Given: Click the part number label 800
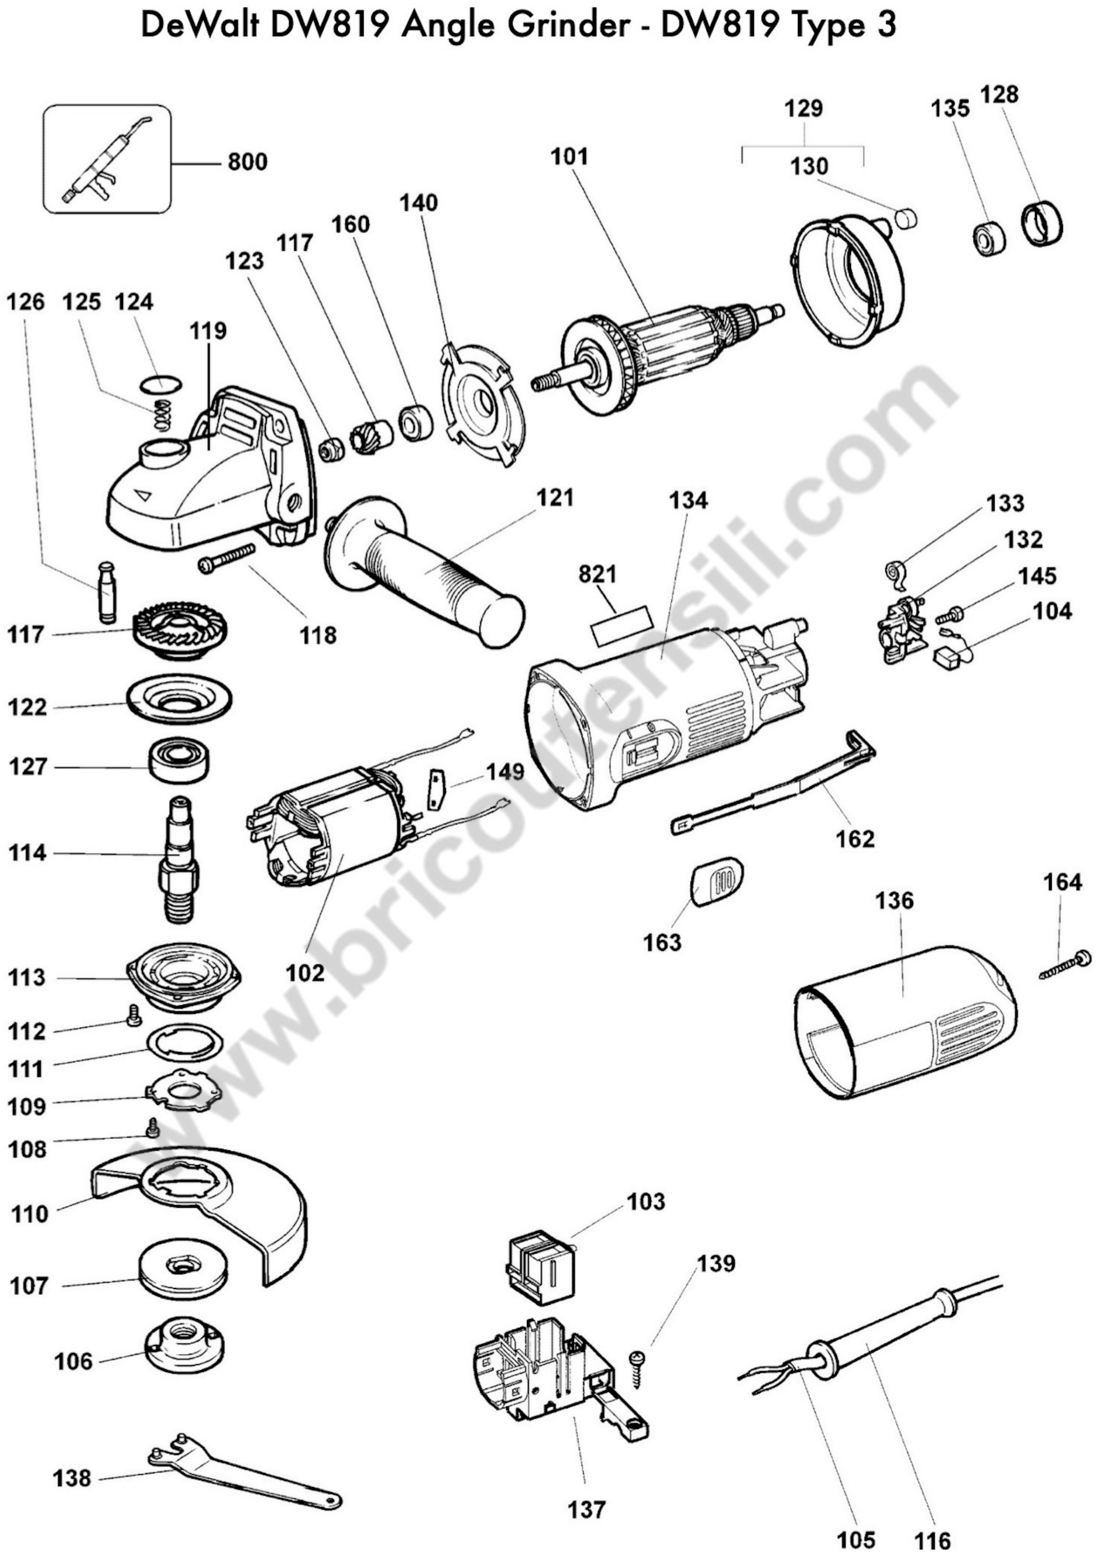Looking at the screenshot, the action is click(x=248, y=162).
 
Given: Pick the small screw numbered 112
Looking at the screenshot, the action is click(x=133, y=1015).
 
